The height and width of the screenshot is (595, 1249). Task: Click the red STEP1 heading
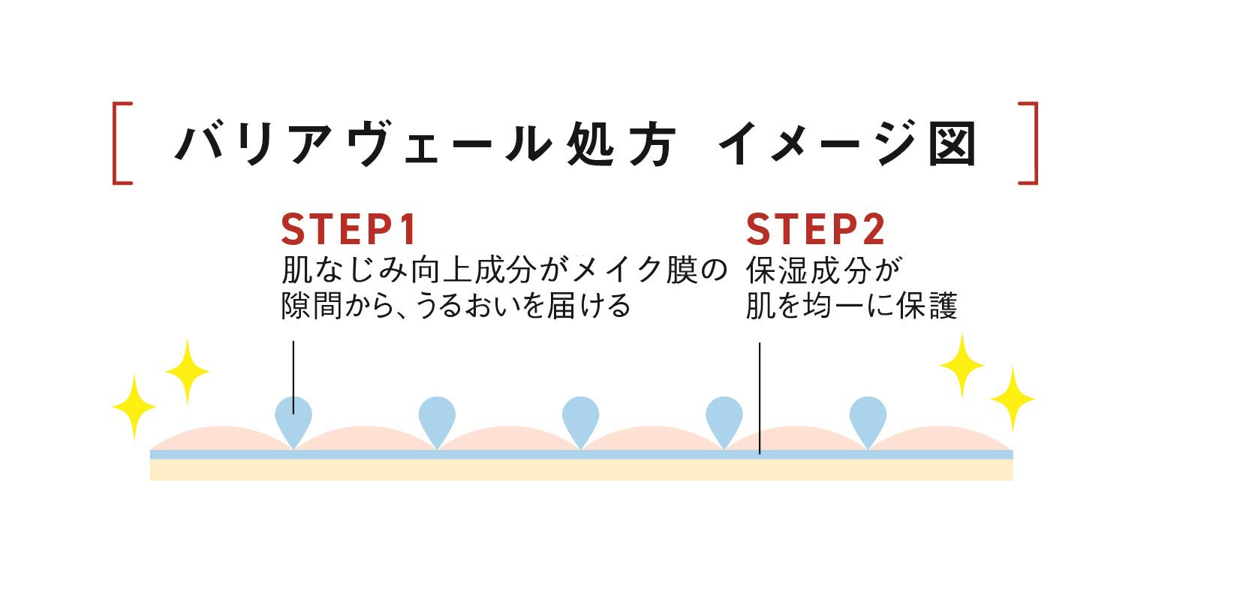click(348, 230)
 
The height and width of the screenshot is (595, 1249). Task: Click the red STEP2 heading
click(815, 230)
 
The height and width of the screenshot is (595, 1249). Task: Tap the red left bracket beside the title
click(122, 143)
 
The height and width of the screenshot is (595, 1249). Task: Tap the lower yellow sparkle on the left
click(134, 406)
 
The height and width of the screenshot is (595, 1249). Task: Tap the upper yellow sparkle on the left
click(186, 370)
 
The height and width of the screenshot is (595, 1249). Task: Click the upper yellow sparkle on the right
click(962, 365)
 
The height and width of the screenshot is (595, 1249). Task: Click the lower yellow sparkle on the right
click(1013, 398)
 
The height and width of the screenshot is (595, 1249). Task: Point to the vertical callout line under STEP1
click(293, 368)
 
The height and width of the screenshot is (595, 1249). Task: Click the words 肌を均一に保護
click(851, 307)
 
